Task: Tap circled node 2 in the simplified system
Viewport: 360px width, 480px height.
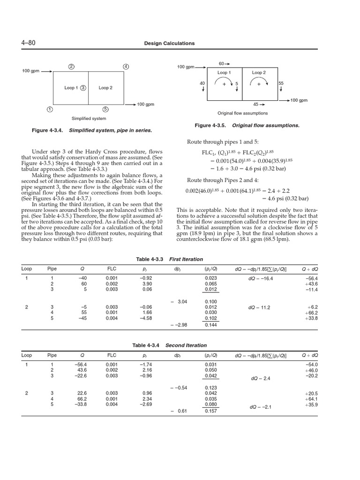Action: tap(71, 66)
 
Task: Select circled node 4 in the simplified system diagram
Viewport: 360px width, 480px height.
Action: tap(126, 66)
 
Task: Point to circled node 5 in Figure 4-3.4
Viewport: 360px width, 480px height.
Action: tap(105, 110)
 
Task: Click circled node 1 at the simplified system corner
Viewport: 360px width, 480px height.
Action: tap(49, 110)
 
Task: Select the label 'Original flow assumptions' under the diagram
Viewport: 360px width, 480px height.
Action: tap(242, 113)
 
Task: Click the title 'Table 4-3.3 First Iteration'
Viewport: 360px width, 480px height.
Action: tap(169, 259)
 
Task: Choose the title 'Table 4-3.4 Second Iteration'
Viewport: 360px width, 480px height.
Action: tap(169, 345)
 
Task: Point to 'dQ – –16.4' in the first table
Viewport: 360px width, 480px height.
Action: tap(260, 278)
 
